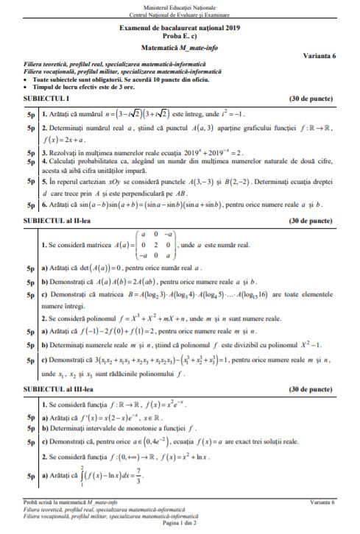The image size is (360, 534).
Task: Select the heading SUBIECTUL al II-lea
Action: pos(46,219)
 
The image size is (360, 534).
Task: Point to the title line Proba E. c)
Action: pos(180,35)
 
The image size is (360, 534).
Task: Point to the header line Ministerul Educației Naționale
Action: pos(180,6)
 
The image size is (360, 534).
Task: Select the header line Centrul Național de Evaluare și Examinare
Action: pos(180,13)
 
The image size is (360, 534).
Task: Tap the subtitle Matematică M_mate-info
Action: pos(180,46)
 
